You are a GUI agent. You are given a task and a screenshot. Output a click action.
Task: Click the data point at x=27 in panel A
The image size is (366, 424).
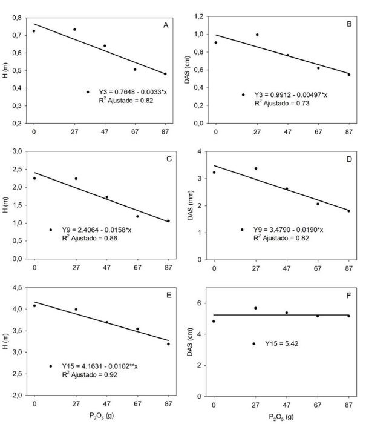tap(74, 30)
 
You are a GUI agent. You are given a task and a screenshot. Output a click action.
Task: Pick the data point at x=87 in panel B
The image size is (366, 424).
tap(349, 75)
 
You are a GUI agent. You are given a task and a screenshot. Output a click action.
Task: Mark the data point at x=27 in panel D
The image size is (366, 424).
tap(256, 168)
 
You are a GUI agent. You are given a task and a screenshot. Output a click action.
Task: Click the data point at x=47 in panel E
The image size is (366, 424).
tap(106, 322)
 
